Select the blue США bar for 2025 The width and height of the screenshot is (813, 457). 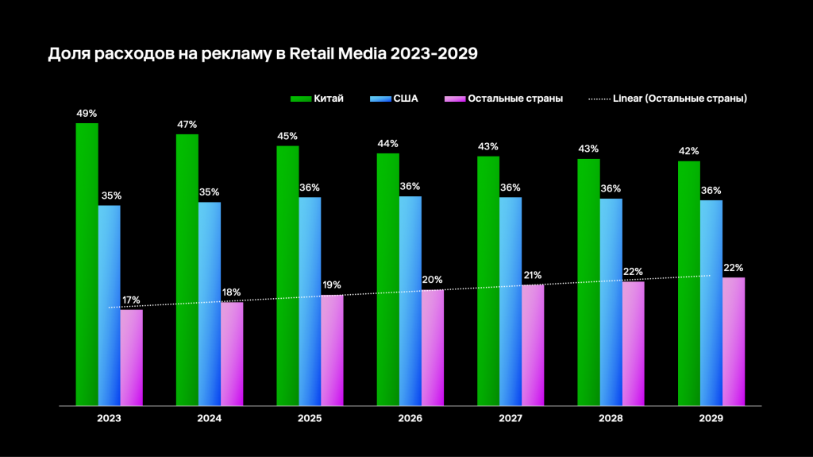[x=310, y=301]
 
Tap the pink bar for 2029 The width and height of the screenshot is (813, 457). [x=734, y=341]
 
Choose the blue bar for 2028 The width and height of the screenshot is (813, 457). [x=611, y=302]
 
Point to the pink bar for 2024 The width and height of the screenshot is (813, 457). [x=232, y=354]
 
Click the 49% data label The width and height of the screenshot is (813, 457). [x=87, y=114]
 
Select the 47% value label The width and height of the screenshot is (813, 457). [x=187, y=125]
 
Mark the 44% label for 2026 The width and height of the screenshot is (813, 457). [x=388, y=144]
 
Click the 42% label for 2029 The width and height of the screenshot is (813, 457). [x=689, y=152]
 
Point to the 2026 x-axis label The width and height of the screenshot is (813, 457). [x=410, y=418]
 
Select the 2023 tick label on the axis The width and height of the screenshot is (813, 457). [x=109, y=418]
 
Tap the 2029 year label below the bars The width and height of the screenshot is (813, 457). [x=711, y=418]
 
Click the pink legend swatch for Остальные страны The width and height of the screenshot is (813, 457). [x=453, y=99]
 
